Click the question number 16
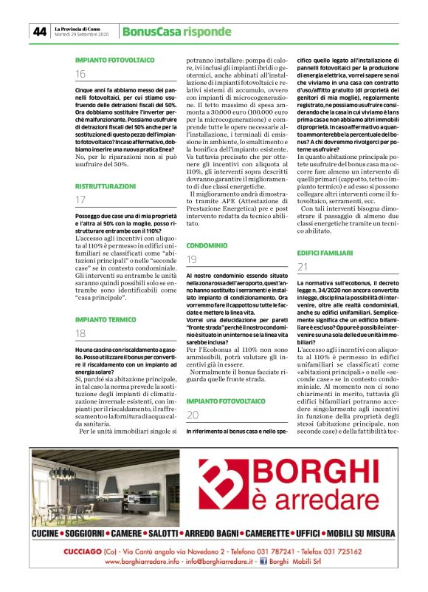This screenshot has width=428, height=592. point(80,74)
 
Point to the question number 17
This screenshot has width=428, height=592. point(80,200)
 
